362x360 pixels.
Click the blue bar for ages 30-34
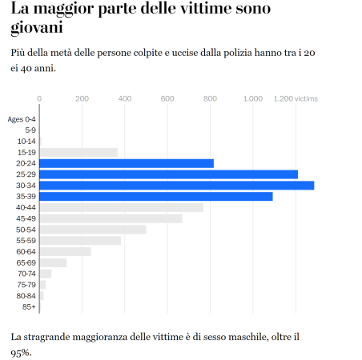tap(176, 186)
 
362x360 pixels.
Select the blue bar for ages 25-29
tap(168, 174)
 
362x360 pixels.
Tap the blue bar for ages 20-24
tap(127, 163)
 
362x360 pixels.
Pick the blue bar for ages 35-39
tap(156, 197)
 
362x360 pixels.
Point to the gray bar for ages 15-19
tap(78, 152)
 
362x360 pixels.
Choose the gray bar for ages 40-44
tap(121, 208)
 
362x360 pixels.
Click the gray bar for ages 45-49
tap(111, 218)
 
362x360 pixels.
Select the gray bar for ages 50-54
tap(93, 230)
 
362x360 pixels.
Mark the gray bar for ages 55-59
tap(80, 241)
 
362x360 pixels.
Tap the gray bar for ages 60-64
tap(65, 251)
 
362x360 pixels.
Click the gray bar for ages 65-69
tap(53, 262)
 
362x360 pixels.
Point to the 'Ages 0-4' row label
tap(22, 119)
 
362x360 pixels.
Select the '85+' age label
tap(29, 306)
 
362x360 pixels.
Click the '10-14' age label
tap(26, 141)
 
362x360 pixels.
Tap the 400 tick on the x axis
tap(124, 98)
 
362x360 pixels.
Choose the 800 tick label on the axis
tap(210, 98)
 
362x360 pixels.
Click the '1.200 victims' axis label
tap(296, 98)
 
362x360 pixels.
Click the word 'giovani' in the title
tap(38, 28)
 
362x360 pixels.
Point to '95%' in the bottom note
tap(21, 351)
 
